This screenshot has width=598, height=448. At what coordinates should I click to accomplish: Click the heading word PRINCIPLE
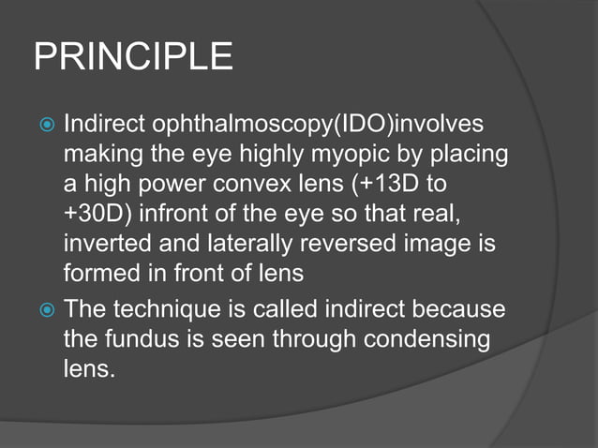coord(133,58)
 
